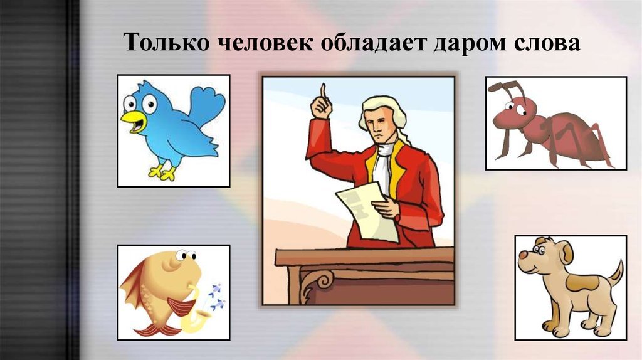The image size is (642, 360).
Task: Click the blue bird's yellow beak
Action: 133,120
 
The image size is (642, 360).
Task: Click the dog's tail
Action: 617,273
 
